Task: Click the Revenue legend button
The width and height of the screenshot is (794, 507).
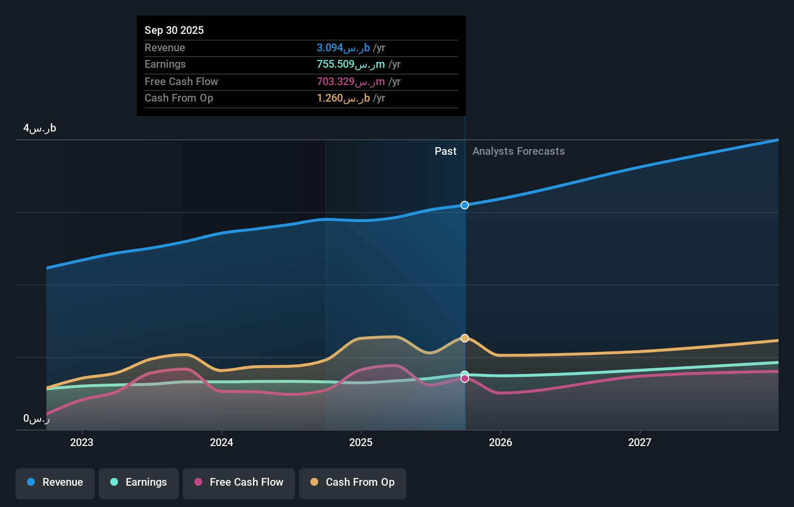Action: [55, 483]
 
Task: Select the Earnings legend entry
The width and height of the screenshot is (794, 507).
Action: [139, 483]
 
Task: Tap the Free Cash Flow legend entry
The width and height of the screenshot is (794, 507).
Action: [239, 483]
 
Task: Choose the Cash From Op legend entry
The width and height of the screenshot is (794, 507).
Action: [353, 483]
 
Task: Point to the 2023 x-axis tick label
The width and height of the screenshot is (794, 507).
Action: [82, 443]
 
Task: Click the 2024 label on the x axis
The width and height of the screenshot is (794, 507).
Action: [221, 443]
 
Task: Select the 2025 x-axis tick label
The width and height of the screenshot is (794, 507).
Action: [361, 443]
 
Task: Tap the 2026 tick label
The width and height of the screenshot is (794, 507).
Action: [500, 443]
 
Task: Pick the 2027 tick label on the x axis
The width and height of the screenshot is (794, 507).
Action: [640, 443]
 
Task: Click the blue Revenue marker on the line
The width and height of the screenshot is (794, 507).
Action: [465, 205]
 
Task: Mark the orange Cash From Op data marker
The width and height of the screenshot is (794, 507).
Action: [465, 338]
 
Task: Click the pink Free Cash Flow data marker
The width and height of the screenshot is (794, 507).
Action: [465, 379]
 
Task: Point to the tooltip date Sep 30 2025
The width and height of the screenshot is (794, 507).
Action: [174, 30]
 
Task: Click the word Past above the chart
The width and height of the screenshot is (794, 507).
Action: [445, 151]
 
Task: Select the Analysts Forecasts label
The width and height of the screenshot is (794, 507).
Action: [518, 151]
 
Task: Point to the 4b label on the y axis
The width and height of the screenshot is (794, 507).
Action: [40, 128]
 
